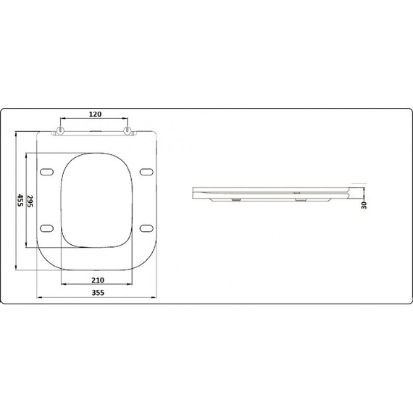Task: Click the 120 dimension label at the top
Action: coord(96,114)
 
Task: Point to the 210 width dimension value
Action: coord(98,280)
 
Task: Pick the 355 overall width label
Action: coord(98,293)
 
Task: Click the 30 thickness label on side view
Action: coord(364,205)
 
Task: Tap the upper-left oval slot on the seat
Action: coord(47,172)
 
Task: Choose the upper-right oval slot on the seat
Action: coord(146,172)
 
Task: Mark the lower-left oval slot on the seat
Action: coord(47,228)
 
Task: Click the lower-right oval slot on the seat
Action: coord(146,228)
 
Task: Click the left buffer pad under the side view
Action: coord(237,199)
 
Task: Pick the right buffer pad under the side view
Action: coord(301,199)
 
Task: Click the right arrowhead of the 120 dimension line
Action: coord(128,119)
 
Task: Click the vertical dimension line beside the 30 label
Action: coord(359,192)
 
